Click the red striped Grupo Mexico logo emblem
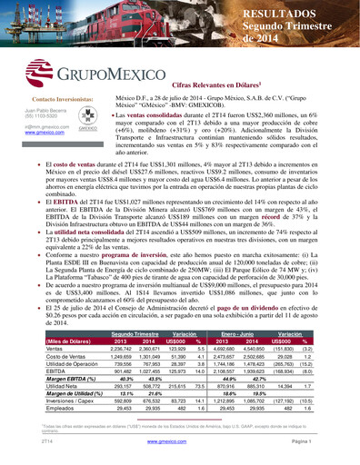click(41, 74)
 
